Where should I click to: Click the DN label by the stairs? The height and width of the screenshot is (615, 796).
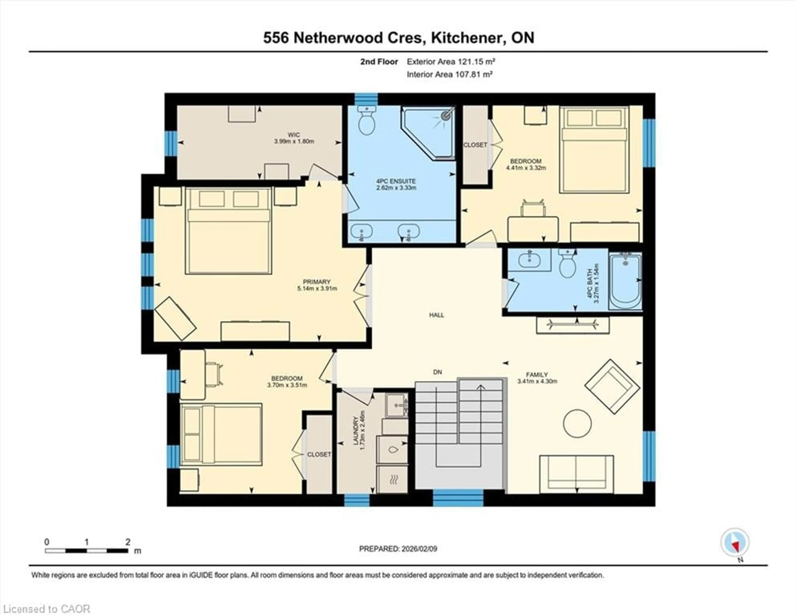(437, 372)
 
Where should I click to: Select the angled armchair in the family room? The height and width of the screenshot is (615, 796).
(612, 387)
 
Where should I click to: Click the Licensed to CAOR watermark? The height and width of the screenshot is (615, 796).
(46, 609)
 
